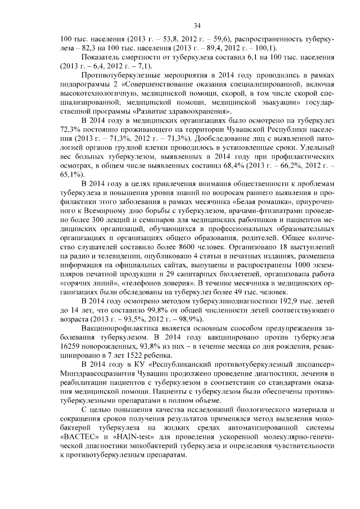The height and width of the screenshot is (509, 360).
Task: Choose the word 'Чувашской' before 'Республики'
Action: click(245, 129)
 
